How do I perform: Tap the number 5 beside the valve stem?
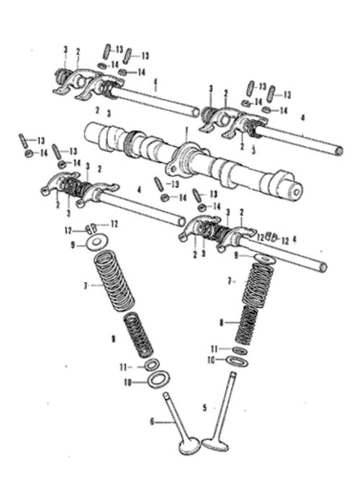[x=204, y=408]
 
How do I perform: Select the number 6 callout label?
[x=152, y=422]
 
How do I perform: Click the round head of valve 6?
[x=189, y=446]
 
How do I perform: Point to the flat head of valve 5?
[x=215, y=444]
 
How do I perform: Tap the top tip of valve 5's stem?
[x=233, y=374]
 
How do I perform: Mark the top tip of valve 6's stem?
[x=166, y=395]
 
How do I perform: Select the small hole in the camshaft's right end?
[x=297, y=193]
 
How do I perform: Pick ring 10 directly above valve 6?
[x=158, y=379]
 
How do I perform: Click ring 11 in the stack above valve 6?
[x=152, y=365]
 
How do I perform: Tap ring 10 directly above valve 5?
[x=237, y=361]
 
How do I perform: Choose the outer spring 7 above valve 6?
[x=114, y=281]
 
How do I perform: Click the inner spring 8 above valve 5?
[x=247, y=325]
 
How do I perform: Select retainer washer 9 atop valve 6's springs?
[x=97, y=242]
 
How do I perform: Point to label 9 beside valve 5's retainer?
[x=236, y=256]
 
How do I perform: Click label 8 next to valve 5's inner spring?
[x=221, y=323]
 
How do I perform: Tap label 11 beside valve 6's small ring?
[x=123, y=367]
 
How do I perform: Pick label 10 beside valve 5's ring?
[x=211, y=360]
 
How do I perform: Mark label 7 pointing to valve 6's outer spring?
[x=86, y=286]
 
